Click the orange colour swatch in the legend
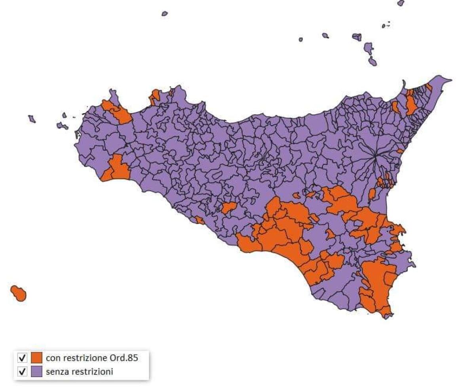pyautogui.click(x=36, y=358)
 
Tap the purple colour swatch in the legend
pyautogui.click(x=36, y=372)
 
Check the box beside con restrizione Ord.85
pyautogui.click(x=23, y=358)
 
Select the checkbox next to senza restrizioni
pyautogui.click(x=23, y=372)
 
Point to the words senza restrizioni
pyautogui.click(x=79, y=372)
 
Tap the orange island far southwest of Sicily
pyautogui.click(x=18, y=293)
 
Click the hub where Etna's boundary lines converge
pyautogui.click(x=375, y=157)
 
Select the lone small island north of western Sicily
pyautogui.click(x=165, y=13)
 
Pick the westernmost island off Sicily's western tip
pyautogui.click(x=32, y=119)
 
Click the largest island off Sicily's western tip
pyautogui.click(x=62, y=126)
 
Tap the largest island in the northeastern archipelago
pyautogui.click(x=369, y=49)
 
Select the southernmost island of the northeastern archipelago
pyautogui.click(x=372, y=61)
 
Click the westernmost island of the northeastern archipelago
pyautogui.click(x=301, y=40)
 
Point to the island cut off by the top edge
pyautogui.click(x=401, y=3)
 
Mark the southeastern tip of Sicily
pyautogui.click(x=387, y=316)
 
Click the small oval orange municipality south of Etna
pyautogui.click(x=372, y=194)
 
